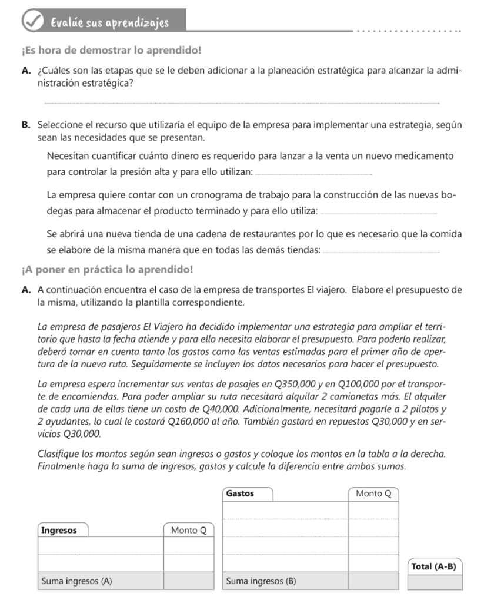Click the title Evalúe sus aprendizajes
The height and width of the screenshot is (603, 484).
[x=110, y=23]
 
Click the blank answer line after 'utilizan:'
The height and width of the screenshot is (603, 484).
[x=315, y=173]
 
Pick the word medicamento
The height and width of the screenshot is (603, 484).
[x=427, y=157]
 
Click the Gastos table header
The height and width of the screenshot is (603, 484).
[x=240, y=493]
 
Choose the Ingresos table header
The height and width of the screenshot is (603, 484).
[x=59, y=530]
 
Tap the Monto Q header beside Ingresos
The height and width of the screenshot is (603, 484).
[x=188, y=530]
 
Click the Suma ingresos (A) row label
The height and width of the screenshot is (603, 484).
[x=77, y=581]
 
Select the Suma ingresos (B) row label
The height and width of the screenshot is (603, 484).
[x=261, y=581]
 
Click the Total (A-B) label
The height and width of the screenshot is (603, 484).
[x=434, y=566]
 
